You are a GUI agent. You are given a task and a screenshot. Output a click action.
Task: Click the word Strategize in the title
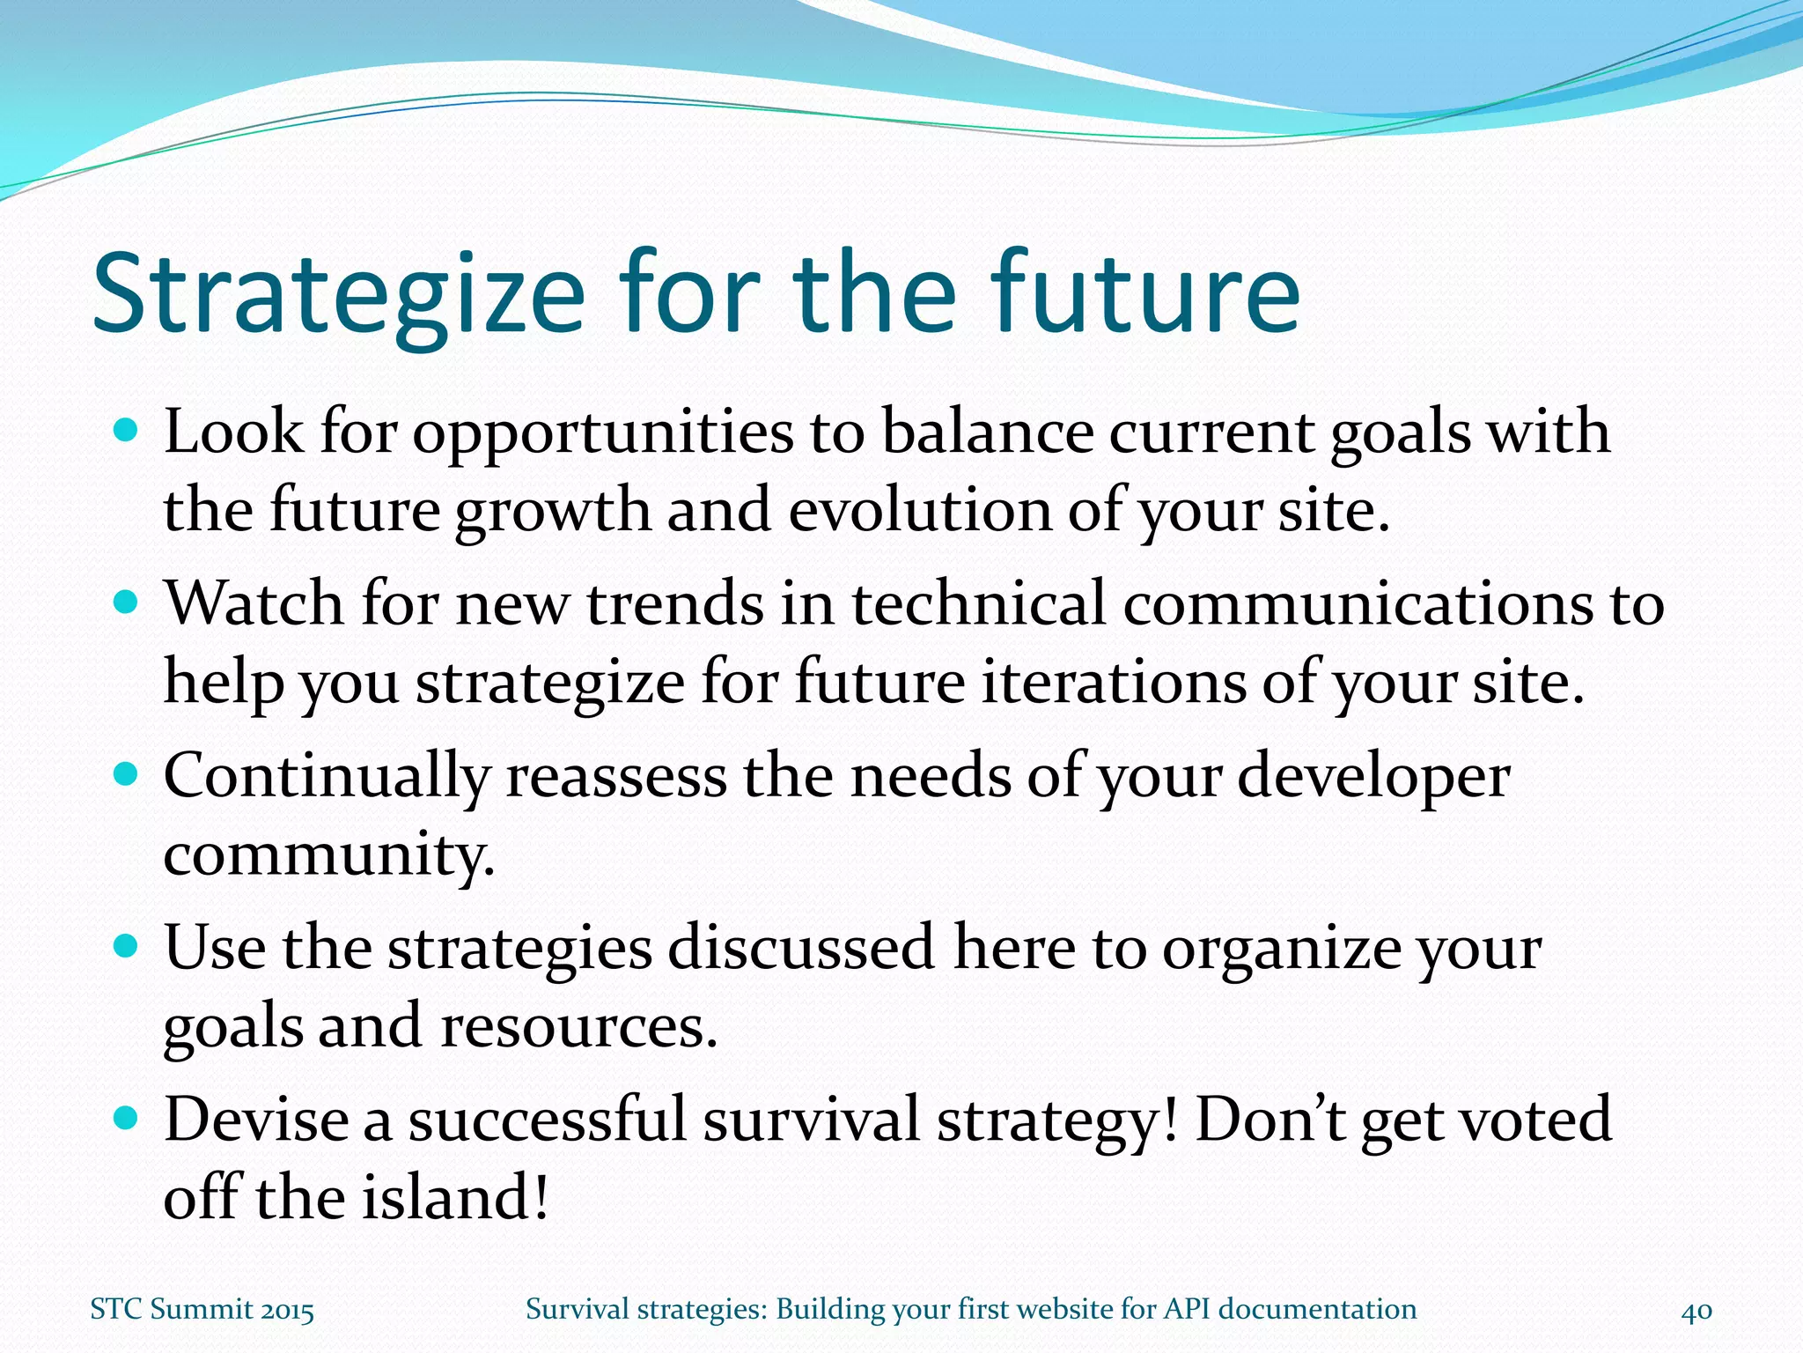339,295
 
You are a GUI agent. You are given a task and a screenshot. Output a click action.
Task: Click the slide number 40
1696,1311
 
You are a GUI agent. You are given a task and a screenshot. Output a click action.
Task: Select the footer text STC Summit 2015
202,1310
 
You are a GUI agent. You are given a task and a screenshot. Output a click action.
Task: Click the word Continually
327,778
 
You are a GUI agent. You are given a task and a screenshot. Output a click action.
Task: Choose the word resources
579,1027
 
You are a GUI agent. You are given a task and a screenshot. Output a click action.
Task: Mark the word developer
1373,778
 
